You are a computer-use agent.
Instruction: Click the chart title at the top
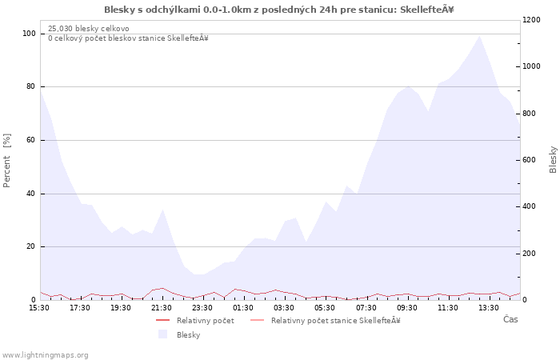279,10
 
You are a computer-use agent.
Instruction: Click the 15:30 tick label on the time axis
39,308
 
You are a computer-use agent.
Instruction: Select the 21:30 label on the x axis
162,308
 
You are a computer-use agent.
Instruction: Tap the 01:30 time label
243,308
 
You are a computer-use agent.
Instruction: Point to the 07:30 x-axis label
366,308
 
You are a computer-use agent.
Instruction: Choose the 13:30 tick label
489,308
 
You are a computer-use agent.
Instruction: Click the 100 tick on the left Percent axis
30,34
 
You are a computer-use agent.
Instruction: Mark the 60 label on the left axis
31,140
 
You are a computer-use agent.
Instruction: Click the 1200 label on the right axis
531,20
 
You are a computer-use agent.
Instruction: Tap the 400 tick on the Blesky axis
530,206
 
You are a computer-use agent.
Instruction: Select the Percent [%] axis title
6,160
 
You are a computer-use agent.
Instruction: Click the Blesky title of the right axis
553,160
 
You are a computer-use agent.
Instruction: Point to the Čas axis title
510,319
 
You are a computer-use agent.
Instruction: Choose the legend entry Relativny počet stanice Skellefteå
326,321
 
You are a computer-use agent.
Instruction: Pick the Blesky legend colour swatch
163,334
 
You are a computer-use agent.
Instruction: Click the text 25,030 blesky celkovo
89,29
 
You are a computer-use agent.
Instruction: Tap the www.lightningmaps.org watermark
44,355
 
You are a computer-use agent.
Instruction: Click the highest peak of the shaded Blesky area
479,36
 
